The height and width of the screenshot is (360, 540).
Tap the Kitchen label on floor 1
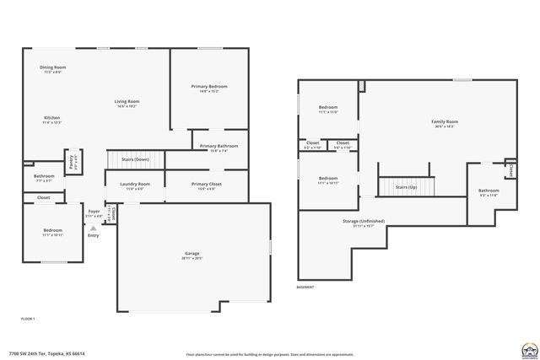(51, 118)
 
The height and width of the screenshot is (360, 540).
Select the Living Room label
(127, 102)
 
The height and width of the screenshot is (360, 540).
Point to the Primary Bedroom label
(208, 87)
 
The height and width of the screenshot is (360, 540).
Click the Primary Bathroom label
(219, 147)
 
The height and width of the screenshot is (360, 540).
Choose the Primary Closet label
(206, 185)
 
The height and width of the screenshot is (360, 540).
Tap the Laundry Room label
(135, 185)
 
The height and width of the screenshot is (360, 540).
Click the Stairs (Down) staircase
(134, 159)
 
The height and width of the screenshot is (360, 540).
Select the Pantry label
(73, 156)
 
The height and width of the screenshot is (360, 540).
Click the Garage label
(192, 254)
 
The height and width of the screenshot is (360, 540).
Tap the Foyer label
(94, 212)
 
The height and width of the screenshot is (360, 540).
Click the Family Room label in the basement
(444, 123)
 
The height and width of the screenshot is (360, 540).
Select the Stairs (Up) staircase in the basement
(407, 186)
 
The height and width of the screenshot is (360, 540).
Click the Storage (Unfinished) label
(364, 223)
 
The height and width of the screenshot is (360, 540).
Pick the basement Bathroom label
(489, 191)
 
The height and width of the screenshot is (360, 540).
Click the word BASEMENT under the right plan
(306, 288)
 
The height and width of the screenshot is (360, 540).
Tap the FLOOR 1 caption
(28, 319)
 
